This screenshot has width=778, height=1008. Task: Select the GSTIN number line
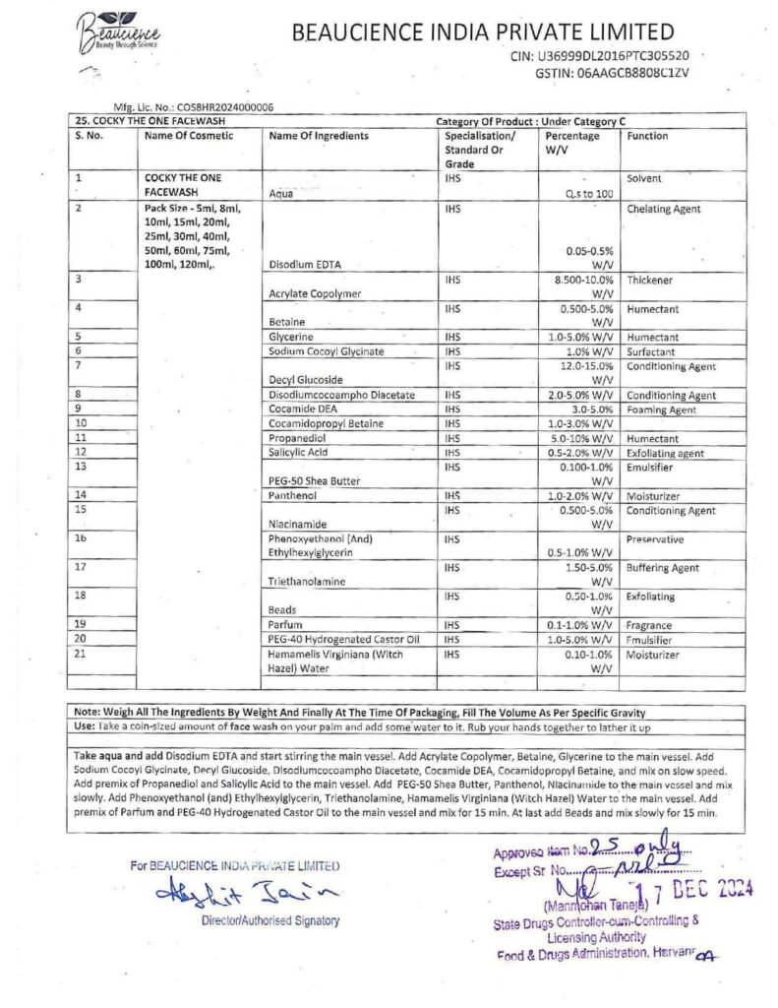pyautogui.click(x=612, y=72)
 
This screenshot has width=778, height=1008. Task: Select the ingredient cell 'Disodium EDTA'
pyautogui.click(x=305, y=264)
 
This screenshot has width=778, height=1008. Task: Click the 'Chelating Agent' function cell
pyautogui.click(x=663, y=209)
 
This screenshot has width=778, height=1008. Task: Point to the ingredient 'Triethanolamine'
pyautogui.click(x=307, y=581)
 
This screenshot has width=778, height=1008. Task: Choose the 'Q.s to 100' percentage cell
pyautogui.click(x=589, y=194)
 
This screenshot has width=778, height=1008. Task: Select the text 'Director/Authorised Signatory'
pyautogui.click(x=269, y=920)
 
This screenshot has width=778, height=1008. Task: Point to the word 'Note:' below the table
pyautogui.click(x=85, y=711)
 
